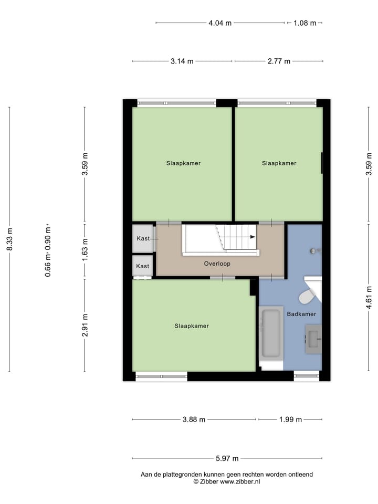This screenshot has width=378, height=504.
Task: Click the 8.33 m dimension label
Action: (x=9, y=239)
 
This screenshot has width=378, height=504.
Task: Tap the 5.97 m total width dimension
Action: (x=227, y=458)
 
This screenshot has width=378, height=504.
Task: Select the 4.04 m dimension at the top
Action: (x=220, y=23)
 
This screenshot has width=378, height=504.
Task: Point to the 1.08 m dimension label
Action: (x=305, y=23)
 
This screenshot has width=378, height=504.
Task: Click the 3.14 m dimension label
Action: (x=182, y=61)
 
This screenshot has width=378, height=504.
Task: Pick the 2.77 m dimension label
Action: (x=279, y=61)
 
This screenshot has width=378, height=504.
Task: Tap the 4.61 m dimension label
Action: (x=369, y=297)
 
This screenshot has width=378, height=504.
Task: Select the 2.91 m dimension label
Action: (x=85, y=325)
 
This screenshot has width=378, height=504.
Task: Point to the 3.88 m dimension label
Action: (x=194, y=419)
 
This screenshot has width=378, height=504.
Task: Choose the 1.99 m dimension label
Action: (x=291, y=419)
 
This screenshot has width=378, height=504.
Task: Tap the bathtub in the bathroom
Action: (x=271, y=333)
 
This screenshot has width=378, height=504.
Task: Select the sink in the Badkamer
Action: (x=313, y=339)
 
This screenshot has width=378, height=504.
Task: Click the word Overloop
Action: (x=217, y=264)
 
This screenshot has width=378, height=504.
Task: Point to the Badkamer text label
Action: (x=301, y=314)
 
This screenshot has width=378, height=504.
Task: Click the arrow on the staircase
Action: (x=253, y=237)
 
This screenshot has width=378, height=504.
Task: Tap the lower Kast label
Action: (x=143, y=266)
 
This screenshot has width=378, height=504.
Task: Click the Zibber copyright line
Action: (x=227, y=481)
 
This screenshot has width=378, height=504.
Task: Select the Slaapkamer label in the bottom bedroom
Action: (x=192, y=326)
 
